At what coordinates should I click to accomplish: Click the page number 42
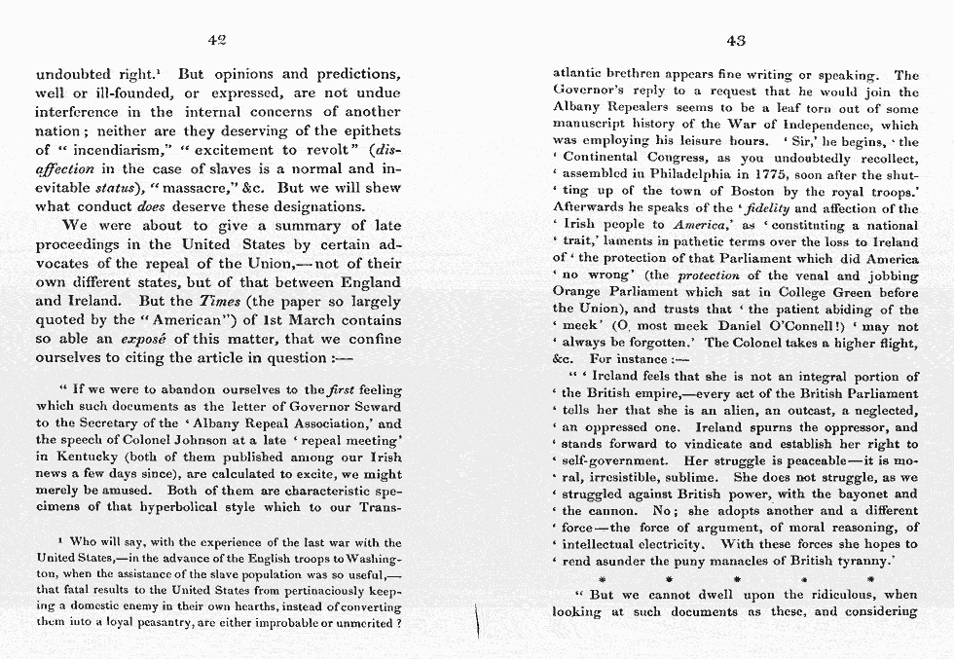click(217, 39)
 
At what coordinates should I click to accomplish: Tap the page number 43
click(736, 39)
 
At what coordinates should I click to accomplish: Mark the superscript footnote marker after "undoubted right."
click(160, 70)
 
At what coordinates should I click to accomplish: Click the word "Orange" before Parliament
click(576, 292)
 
